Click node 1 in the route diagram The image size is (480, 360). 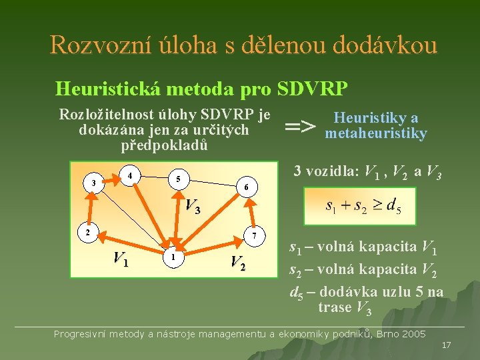coord(172,257)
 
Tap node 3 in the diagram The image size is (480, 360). coord(95,183)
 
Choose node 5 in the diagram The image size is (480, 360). coord(178,179)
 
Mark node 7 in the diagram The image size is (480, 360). coord(254,235)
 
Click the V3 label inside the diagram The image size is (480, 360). coord(193,207)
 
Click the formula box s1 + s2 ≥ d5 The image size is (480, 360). coord(359,206)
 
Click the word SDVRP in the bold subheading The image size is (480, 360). coord(311,88)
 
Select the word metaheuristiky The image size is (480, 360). coord(375,133)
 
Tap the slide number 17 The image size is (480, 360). coord(446,345)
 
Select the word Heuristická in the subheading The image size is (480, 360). coord(107,88)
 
